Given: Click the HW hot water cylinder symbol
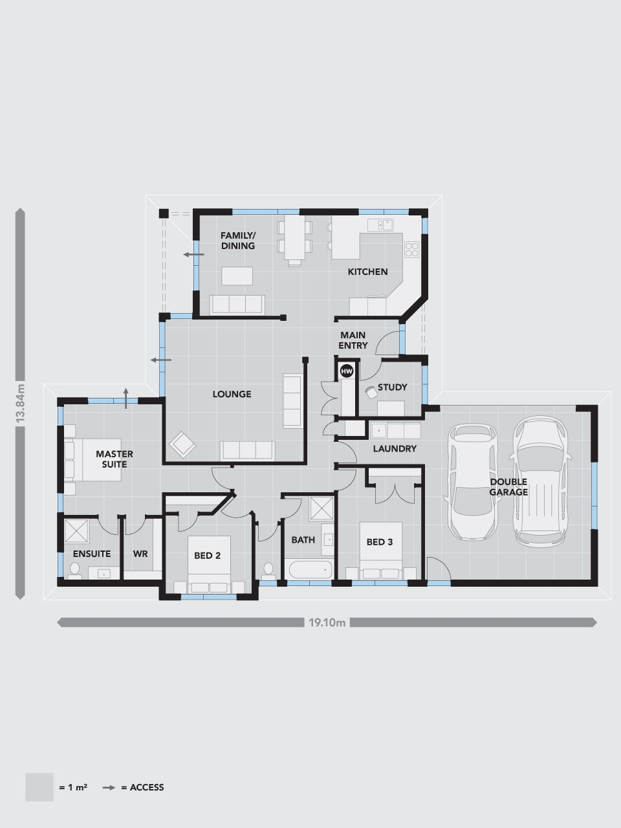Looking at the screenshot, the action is [347, 371].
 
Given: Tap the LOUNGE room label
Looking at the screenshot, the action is [232, 394].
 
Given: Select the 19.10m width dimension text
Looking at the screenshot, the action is [327, 622].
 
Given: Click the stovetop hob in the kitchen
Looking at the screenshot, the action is [412, 249].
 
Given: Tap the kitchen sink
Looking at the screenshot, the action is [380, 225].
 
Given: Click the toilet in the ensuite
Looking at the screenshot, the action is [74, 571].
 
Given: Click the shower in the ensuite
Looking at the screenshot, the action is [76, 531].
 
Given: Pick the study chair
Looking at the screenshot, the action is [371, 393].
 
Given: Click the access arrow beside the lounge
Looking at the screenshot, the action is [161, 360].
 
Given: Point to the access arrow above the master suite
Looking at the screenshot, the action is [126, 398].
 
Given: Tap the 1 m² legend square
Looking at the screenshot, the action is [39, 787].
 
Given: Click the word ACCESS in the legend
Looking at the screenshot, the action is [147, 787].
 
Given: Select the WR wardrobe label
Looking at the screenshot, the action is [140, 554].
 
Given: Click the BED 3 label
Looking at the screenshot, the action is [380, 542].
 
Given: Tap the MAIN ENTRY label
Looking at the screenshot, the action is [353, 340].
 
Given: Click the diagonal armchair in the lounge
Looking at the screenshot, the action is [182, 444].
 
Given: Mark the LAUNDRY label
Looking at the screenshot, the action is [395, 448].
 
